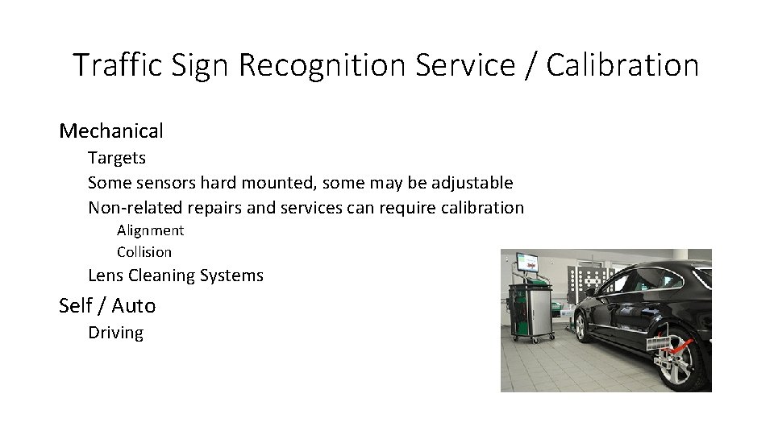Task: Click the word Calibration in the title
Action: click(622, 65)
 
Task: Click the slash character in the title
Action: click(529, 65)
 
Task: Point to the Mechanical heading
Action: click(111, 130)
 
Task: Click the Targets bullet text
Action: click(117, 158)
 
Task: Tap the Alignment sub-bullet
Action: click(150, 230)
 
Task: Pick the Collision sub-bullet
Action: click(144, 252)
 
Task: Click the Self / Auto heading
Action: click(107, 306)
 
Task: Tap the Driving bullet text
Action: click(115, 333)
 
